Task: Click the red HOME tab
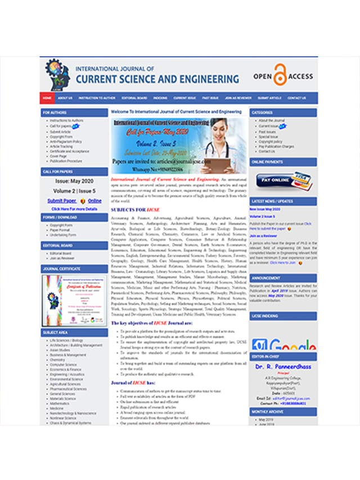[47, 98]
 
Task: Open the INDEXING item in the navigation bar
[160, 98]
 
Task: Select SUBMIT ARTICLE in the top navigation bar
[269, 98]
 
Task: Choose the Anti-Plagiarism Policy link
[66, 142]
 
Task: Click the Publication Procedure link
[66, 161]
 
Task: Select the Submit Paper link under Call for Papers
[61, 201]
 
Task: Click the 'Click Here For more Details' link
[74, 209]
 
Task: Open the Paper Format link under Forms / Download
[60, 230]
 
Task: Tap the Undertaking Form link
[62, 235]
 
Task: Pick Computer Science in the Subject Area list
[64, 365]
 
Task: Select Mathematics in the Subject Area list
[60, 404]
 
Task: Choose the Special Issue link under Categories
[268, 137]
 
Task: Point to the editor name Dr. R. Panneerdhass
[283, 367]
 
